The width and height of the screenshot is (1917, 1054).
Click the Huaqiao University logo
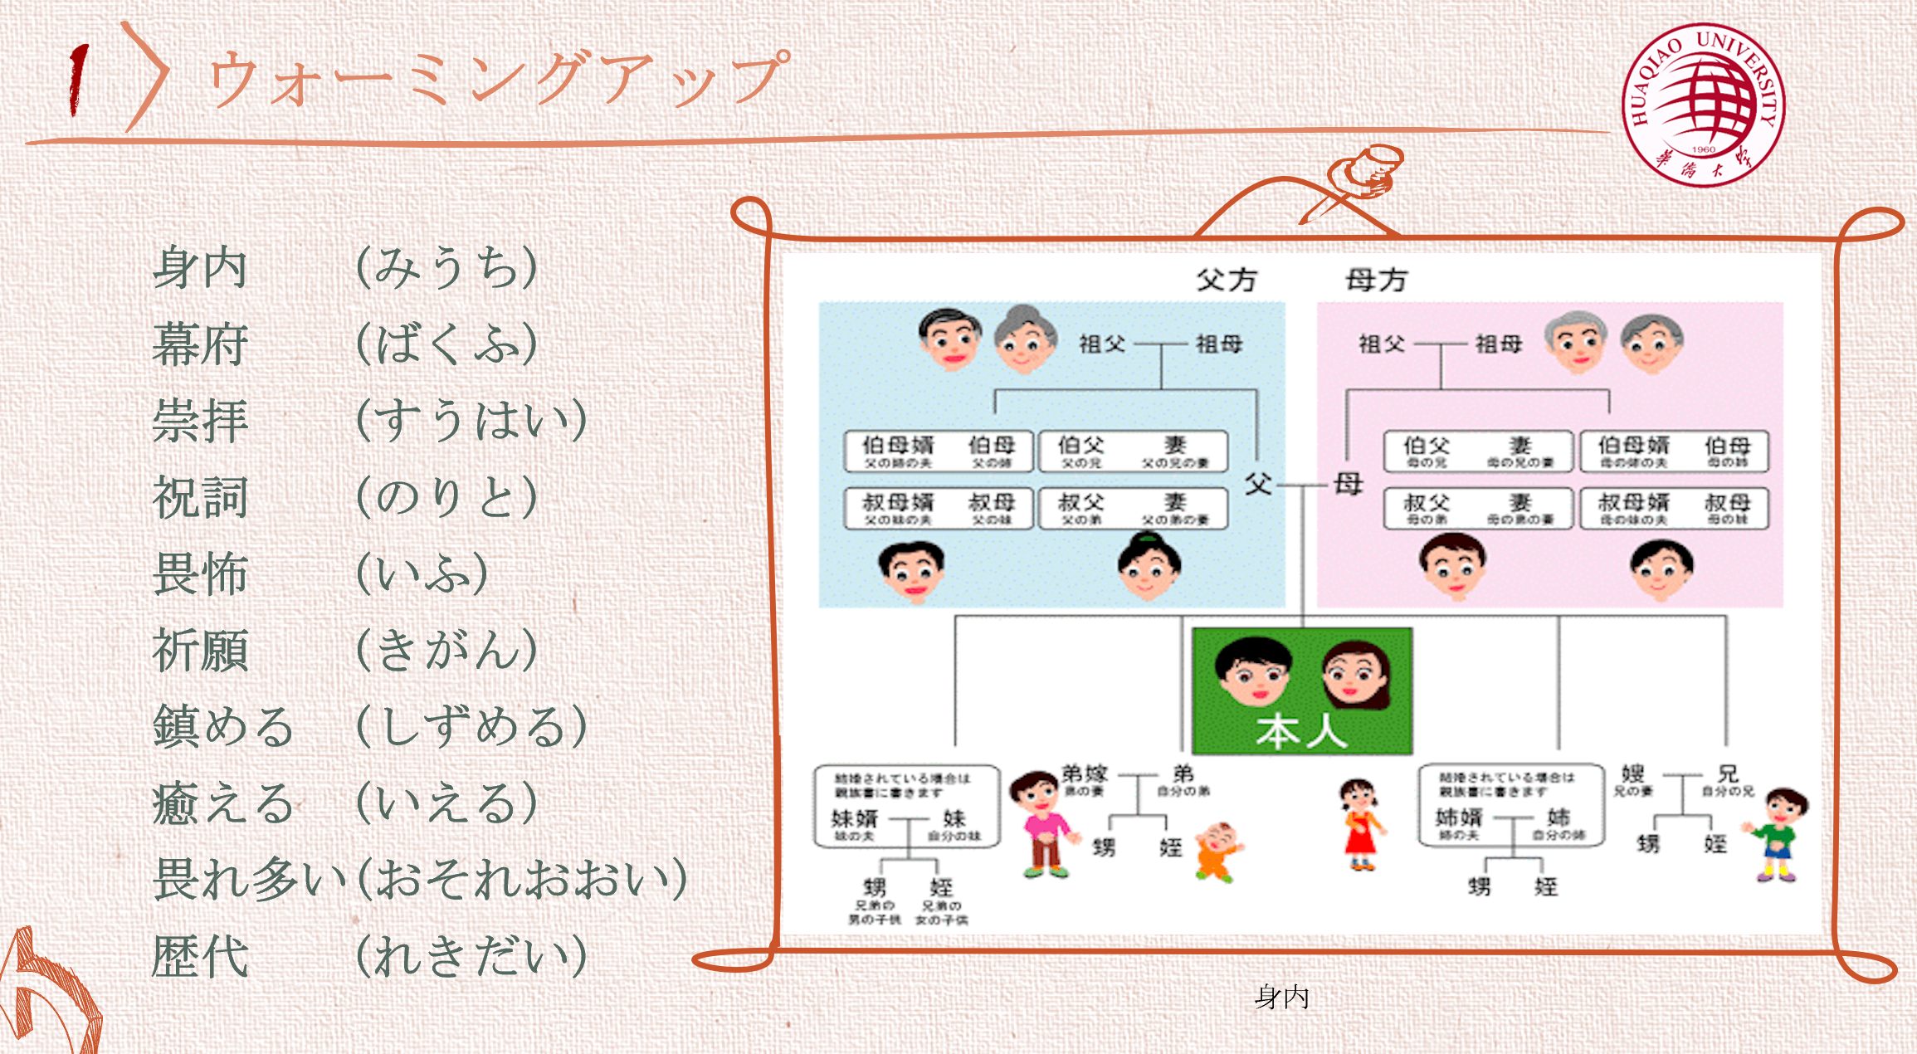pos(1703,105)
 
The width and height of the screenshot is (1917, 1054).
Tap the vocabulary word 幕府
pos(201,344)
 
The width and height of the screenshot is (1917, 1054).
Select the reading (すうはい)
pos(471,421)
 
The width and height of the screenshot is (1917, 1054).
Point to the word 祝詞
pos(201,498)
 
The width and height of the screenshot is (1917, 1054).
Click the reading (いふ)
pos(422,574)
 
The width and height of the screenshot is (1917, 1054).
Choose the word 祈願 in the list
pos(201,651)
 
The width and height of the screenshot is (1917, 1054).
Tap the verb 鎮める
pos(222,727)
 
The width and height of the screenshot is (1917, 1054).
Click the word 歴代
pos(201,956)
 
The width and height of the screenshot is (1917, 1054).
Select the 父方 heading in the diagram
pos(1227,281)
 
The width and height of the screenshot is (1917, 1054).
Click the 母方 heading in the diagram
pos(1376,281)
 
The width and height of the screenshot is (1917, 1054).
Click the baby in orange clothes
pos(1217,851)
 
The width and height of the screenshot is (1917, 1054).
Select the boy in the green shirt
pos(1778,834)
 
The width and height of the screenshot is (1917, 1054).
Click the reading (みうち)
pos(446,268)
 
